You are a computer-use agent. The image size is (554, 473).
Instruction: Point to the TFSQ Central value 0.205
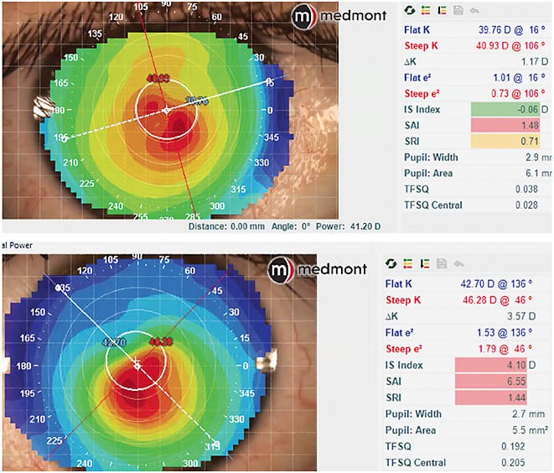512,462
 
